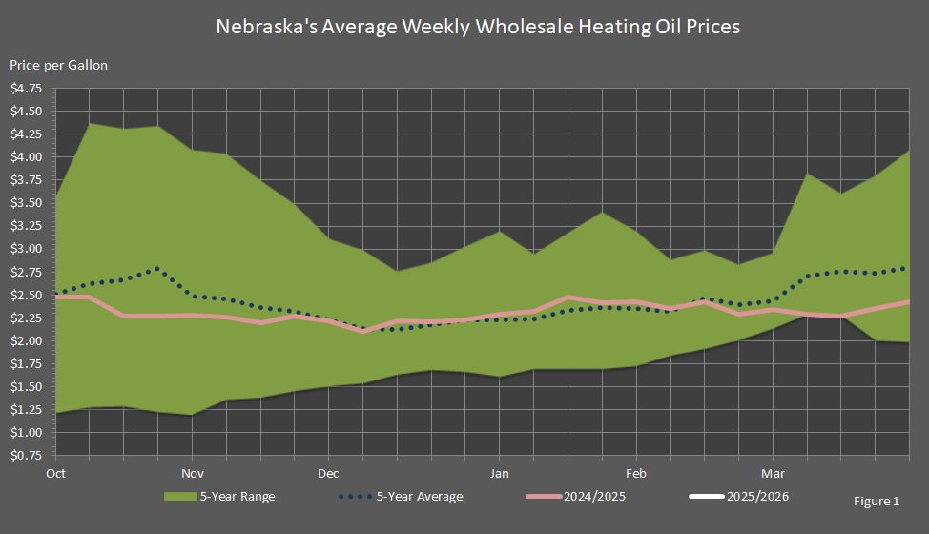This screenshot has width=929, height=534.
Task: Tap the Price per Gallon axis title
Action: (58, 65)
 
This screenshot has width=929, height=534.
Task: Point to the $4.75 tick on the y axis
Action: (26, 89)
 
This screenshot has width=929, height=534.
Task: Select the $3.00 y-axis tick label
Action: (26, 249)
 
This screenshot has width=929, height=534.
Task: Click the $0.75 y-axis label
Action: (26, 456)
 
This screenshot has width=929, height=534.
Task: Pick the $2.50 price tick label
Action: (26, 296)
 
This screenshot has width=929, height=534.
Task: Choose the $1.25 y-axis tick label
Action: (26, 410)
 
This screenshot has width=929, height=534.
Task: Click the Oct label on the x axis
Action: (55, 473)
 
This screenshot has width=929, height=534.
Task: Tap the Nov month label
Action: (193, 473)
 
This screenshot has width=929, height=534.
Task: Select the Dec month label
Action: (329, 473)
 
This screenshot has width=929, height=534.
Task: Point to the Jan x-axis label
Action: (499, 473)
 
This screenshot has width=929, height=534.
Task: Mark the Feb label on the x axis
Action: (636, 473)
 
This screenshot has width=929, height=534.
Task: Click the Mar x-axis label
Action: (773, 473)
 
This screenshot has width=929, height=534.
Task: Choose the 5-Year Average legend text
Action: (420, 497)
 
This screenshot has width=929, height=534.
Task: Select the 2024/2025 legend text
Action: (596, 497)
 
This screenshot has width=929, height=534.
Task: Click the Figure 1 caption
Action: (875, 502)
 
